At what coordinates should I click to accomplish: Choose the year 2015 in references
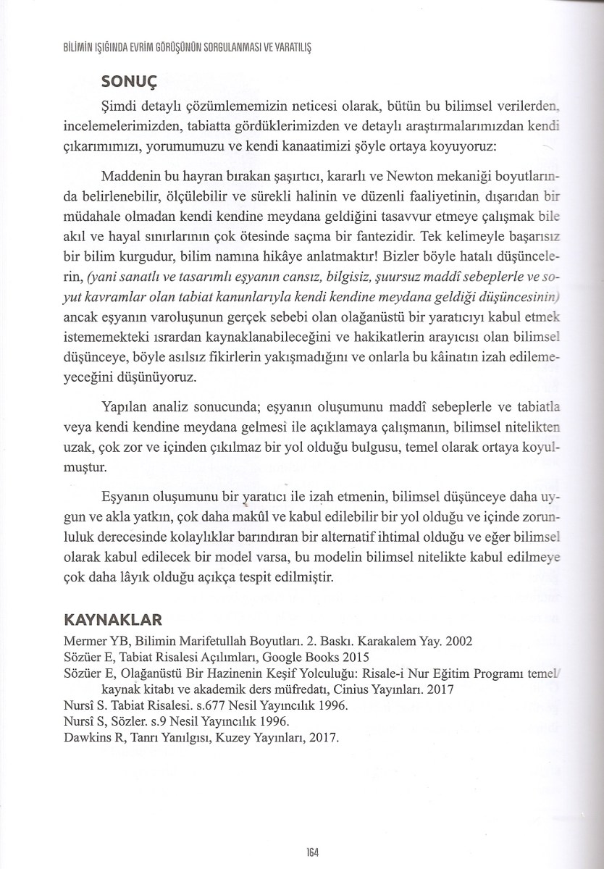[x=353, y=658]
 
